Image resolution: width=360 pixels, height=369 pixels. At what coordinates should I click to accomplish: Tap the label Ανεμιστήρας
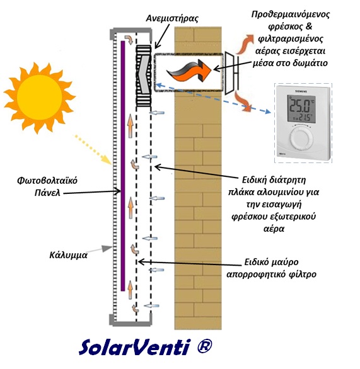pos(172,18)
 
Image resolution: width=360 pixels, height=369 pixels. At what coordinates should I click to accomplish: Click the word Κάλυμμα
pos(68,255)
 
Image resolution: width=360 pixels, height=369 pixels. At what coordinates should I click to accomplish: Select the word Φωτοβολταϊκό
pos(47,181)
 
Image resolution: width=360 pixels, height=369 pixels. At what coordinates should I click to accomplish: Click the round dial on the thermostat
pos(302,139)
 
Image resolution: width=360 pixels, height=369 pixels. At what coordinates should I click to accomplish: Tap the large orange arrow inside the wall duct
pos(189,70)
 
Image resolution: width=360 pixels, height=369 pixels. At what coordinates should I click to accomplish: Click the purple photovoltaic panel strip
pos(123,166)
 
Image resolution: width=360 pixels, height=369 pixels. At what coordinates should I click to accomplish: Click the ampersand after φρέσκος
pos(308,26)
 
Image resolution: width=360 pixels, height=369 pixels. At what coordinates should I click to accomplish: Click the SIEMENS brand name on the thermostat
pos(301,91)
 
